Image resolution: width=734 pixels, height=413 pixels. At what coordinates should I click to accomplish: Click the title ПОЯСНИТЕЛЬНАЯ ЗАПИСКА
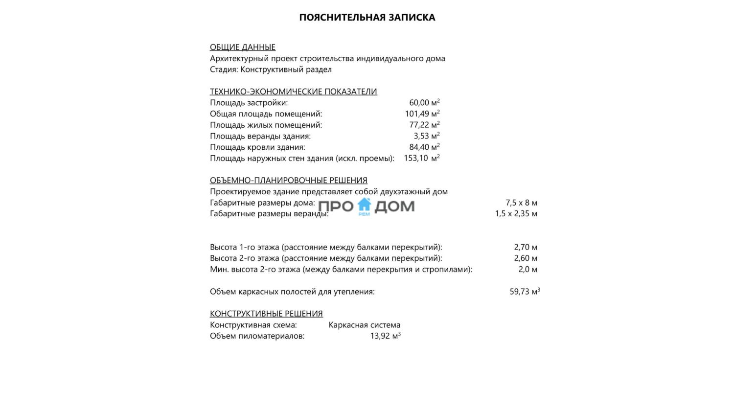[x=367, y=18]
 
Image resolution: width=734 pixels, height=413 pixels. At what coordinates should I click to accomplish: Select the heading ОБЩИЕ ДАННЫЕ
[x=243, y=47]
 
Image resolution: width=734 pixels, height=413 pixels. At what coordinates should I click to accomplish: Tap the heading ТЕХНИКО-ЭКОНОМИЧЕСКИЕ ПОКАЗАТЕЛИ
[x=293, y=92]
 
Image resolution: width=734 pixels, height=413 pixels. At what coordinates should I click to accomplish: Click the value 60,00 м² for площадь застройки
[x=424, y=103]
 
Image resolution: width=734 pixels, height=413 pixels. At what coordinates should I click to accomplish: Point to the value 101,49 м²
[x=422, y=114]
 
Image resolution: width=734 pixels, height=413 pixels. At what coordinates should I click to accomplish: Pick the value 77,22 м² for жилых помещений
[x=424, y=125]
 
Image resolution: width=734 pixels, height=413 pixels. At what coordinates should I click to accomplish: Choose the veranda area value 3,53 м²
[x=426, y=136]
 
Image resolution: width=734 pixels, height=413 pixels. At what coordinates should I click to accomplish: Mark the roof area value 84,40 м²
[x=424, y=147]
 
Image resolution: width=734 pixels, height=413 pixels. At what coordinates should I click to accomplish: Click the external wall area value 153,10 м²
[x=421, y=158]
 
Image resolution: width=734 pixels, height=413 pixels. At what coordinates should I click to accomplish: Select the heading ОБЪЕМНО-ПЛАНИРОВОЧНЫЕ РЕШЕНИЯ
[x=288, y=180]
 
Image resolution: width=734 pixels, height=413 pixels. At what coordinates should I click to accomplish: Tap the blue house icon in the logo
[x=365, y=206]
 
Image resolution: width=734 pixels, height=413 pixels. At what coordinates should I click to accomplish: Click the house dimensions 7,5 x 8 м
[x=521, y=203]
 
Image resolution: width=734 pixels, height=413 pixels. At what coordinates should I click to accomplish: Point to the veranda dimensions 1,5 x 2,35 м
[x=516, y=213]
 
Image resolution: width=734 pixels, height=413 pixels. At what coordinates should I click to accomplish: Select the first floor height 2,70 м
[x=525, y=247]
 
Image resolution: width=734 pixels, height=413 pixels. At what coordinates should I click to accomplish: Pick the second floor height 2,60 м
[x=525, y=258]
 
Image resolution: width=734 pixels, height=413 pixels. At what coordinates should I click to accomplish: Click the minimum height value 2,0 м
[x=528, y=269]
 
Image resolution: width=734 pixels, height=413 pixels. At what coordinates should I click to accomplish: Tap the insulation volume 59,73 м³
[x=525, y=292]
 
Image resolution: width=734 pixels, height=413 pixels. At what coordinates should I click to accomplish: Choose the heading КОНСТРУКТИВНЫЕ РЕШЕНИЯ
[x=266, y=314]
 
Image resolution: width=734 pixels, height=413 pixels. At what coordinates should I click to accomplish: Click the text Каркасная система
[x=364, y=325]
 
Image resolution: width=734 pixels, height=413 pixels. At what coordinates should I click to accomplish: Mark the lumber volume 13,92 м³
[x=385, y=336]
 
